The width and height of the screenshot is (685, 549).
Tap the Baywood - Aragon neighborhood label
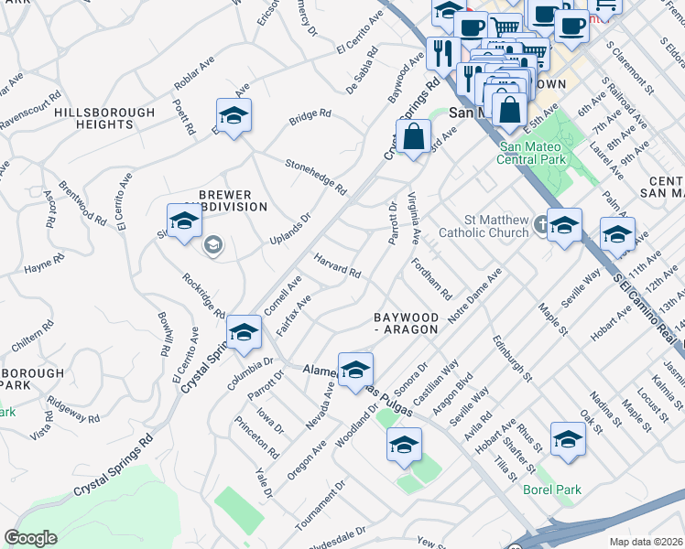(412, 323)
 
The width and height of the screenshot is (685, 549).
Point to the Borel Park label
(551, 490)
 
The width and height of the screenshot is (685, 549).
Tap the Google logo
(30, 538)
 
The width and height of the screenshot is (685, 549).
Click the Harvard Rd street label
(337, 266)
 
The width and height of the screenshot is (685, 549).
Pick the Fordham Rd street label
(432, 280)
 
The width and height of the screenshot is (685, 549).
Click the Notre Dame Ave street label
(475, 294)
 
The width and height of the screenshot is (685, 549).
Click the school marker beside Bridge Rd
(234, 116)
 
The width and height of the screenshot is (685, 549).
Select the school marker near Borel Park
(568, 438)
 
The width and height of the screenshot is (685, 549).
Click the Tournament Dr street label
(320, 506)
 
